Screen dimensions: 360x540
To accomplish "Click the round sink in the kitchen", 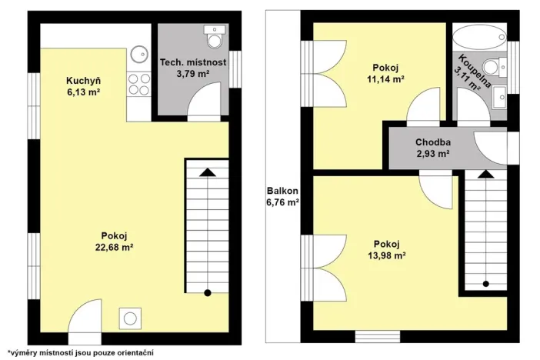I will click(x=138, y=53).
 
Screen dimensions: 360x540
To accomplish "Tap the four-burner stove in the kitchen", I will click(x=138, y=84).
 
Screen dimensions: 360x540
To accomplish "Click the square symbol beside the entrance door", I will click(x=131, y=317).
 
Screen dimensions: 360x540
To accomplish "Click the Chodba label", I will click(x=432, y=142).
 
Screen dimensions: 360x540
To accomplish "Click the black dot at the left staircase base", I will click(x=207, y=292).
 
